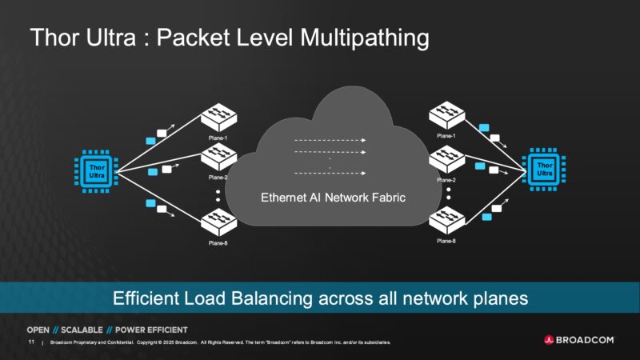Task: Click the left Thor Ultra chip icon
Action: pyautogui.click(x=96, y=170)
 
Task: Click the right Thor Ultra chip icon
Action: pyautogui.click(x=544, y=170)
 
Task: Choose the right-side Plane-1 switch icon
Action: pyautogui.click(x=447, y=117)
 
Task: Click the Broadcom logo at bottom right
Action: pyautogui.click(x=578, y=339)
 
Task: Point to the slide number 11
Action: pyautogui.click(x=31, y=342)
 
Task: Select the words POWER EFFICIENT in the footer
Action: pyautogui.click(x=152, y=330)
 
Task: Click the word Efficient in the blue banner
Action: pyautogui.click(x=145, y=298)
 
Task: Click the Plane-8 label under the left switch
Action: pyautogui.click(x=218, y=242)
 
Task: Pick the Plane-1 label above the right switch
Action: pyautogui.click(x=447, y=137)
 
